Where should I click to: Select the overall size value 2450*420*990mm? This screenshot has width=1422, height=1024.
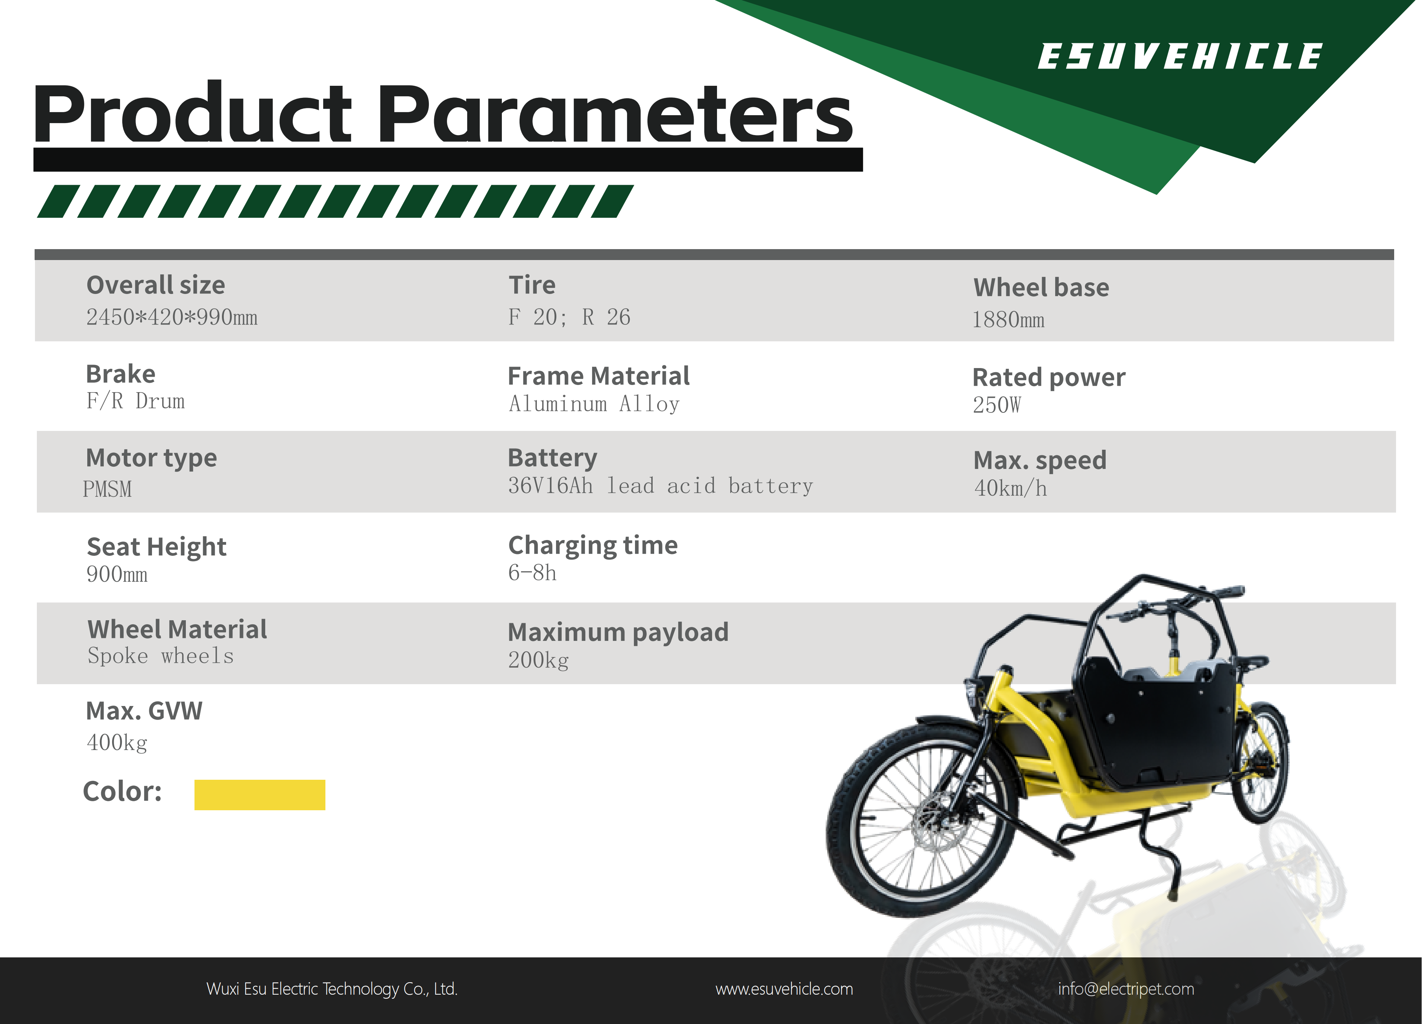click(x=172, y=317)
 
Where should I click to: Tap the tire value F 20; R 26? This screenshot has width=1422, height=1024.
click(x=569, y=317)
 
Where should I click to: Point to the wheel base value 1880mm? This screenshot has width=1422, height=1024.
click(x=1008, y=320)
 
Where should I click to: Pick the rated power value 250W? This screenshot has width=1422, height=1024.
click(x=997, y=405)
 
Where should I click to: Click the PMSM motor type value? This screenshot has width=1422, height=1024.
click(x=107, y=489)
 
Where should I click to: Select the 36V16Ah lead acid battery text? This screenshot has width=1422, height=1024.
click(x=660, y=486)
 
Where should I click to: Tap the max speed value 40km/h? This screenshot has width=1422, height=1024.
click(x=1010, y=488)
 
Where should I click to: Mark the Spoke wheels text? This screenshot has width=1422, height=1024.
click(x=161, y=656)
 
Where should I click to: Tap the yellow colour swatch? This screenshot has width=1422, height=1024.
click(x=260, y=794)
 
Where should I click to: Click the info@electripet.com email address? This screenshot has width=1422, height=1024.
click(x=1126, y=989)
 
